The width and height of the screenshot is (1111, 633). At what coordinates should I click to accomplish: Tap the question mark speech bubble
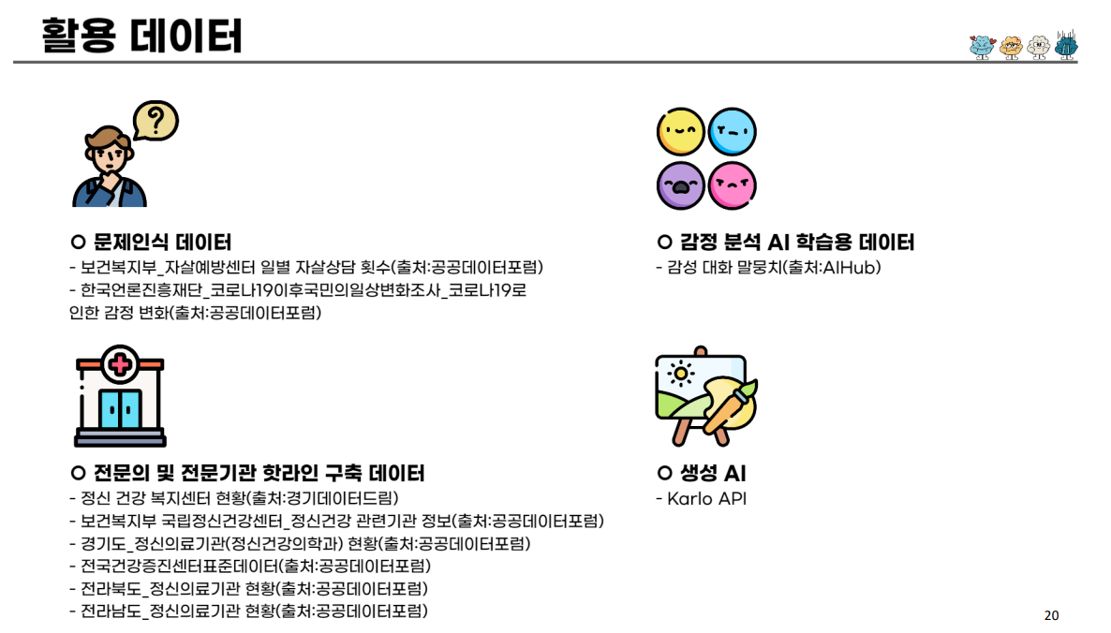coord(156,120)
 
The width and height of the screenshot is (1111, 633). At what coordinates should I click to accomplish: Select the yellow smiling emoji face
coord(680,133)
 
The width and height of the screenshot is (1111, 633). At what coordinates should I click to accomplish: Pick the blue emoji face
coord(732,133)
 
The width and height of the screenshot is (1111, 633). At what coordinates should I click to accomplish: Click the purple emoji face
coord(680,184)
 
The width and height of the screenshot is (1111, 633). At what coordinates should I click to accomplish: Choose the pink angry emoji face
coord(732,184)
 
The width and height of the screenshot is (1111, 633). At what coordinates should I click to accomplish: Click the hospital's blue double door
coord(120,408)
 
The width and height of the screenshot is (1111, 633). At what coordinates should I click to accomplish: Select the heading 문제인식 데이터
coord(152,243)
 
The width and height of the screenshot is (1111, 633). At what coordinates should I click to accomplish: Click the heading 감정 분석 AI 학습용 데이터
coord(786,243)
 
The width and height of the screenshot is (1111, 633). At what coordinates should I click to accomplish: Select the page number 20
coord(1051,615)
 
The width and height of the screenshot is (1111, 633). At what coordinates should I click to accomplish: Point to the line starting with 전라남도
coord(248,611)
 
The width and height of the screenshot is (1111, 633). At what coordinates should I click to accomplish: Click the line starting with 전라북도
coord(248,589)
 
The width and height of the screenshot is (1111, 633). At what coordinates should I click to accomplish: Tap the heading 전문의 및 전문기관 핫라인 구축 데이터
coord(248,473)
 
